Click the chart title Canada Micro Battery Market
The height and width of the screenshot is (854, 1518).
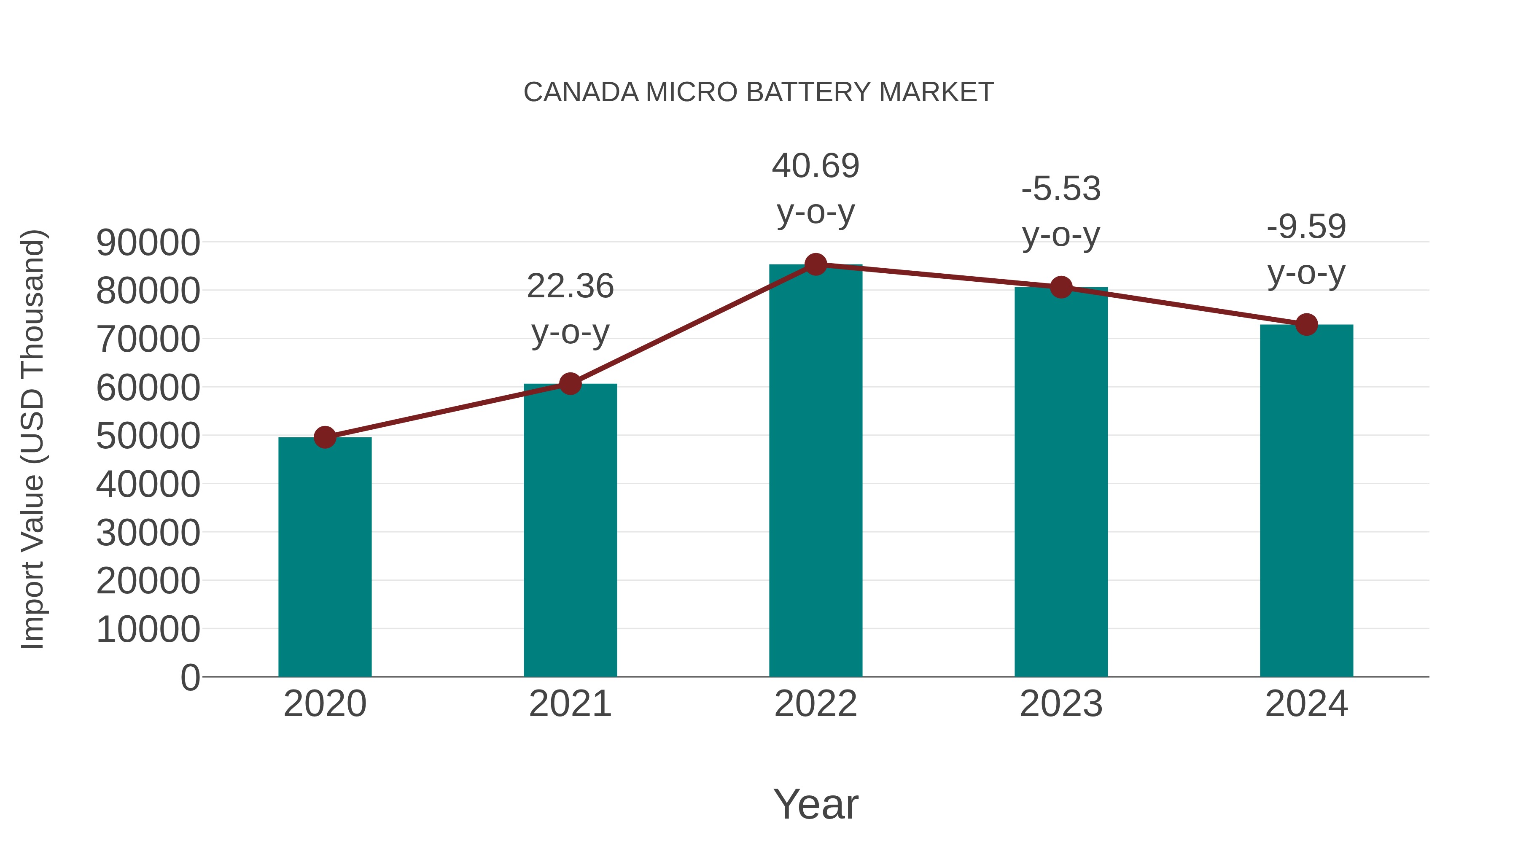tap(759, 92)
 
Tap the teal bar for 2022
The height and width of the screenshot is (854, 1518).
tap(816, 471)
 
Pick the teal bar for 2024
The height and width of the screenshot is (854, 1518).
tap(1306, 501)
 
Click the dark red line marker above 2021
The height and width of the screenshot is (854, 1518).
tap(570, 384)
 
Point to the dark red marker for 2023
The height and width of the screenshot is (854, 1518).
tap(1061, 287)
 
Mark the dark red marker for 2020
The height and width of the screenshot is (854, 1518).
tap(325, 437)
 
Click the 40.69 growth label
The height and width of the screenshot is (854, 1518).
tap(816, 166)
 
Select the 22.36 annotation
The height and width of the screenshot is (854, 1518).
tap(570, 286)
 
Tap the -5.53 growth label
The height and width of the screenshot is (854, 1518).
tap(1061, 189)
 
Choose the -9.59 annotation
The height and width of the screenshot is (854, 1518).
tap(1306, 227)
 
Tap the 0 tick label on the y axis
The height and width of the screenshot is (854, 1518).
tap(190, 677)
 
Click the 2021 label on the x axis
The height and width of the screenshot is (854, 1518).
tap(570, 704)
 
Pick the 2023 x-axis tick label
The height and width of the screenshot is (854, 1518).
tap(1061, 704)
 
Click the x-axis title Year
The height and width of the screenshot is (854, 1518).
tap(816, 804)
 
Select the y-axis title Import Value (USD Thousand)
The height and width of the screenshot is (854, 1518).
tap(32, 439)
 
